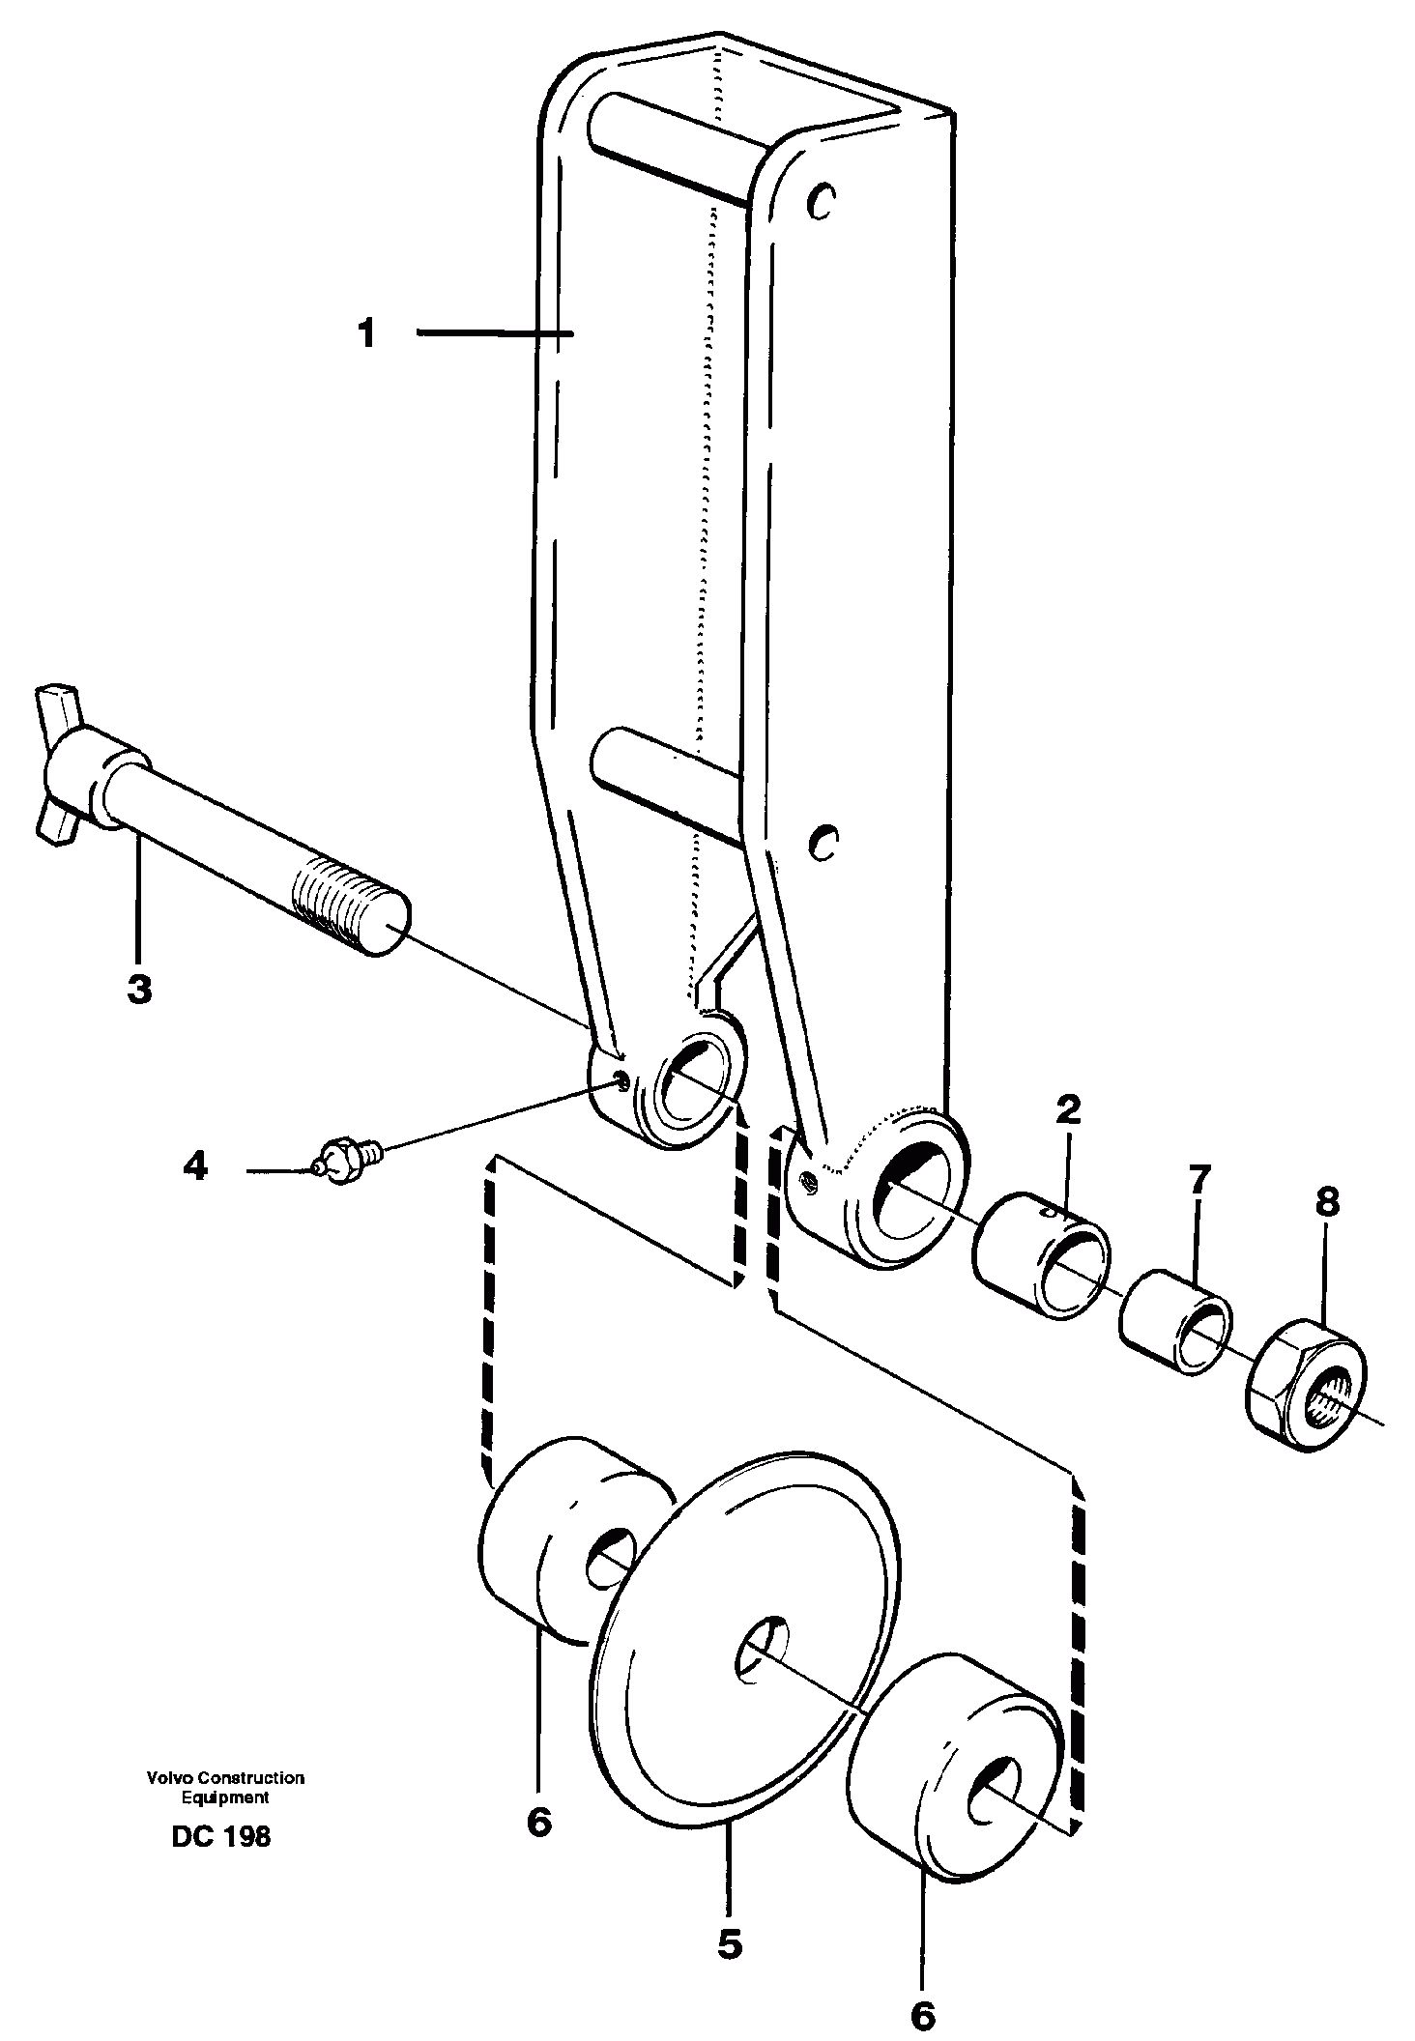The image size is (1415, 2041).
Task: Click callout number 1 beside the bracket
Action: (366, 335)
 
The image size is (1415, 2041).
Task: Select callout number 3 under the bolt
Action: (139, 990)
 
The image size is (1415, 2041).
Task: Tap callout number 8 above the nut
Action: (1327, 1202)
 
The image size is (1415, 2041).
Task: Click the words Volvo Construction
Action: (225, 1777)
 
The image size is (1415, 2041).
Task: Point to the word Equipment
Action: (225, 1797)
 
